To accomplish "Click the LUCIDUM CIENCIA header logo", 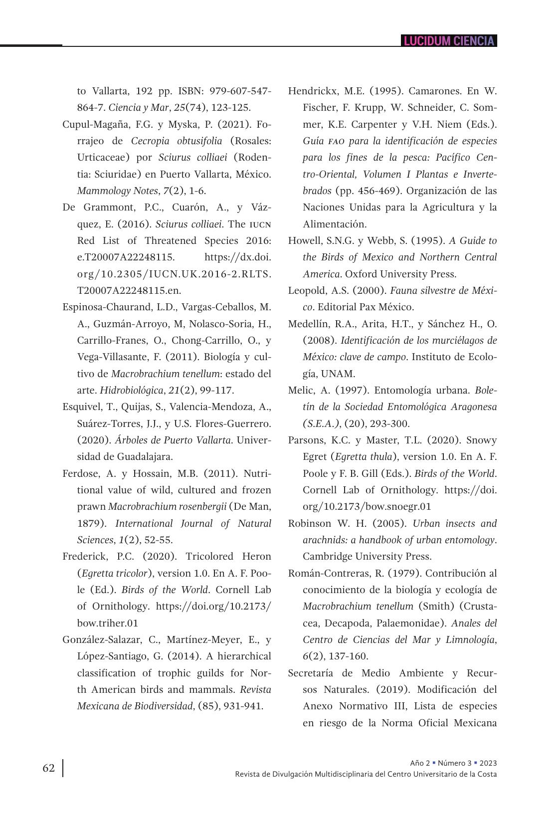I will pyautogui.click(x=449, y=41).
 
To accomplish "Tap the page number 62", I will pyautogui.click(x=48, y=768).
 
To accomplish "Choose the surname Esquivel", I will pyautogui.click(x=80, y=407).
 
